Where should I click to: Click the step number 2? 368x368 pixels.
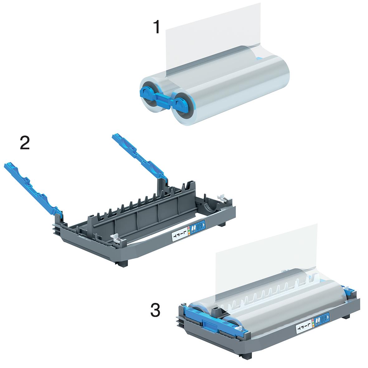click(x=24, y=143)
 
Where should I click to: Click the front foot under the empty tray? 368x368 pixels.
click(x=124, y=263)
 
